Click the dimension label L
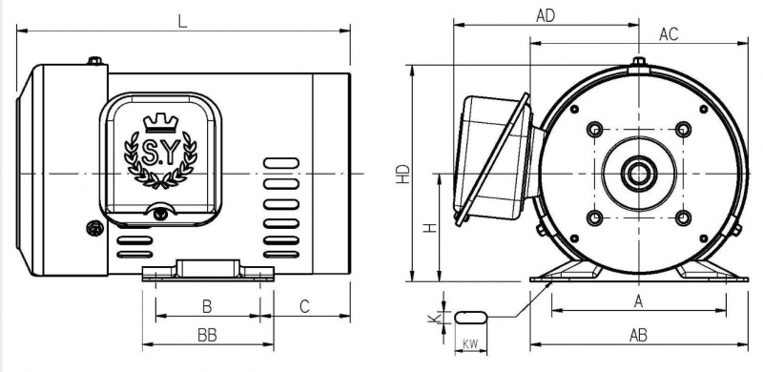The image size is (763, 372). [x=182, y=22]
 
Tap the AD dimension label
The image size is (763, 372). [x=546, y=16]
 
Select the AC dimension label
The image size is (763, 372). [x=669, y=34]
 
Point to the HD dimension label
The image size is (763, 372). [x=402, y=174]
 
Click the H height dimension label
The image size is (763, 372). [x=430, y=227]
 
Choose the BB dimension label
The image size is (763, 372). [x=207, y=336]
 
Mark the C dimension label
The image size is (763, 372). [x=304, y=307]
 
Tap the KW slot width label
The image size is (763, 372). [x=470, y=344]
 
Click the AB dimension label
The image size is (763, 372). [x=638, y=336]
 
